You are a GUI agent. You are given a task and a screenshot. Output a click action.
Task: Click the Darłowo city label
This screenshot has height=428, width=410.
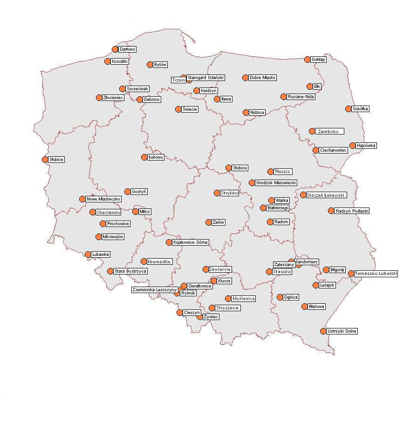[127, 49]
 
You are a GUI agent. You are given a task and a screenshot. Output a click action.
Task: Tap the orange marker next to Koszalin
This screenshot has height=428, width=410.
[108, 61]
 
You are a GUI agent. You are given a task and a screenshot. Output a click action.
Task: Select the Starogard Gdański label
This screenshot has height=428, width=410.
[206, 78]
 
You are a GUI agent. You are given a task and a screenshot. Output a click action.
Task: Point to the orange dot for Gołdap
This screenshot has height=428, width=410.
[307, 60]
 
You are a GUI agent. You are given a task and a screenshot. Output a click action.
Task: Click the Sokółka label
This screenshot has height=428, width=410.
[360, 109]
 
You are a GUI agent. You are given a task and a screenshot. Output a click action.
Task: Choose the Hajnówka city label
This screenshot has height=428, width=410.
[366, 146]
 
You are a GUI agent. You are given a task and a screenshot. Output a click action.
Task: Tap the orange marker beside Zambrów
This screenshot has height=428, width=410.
[312, 131]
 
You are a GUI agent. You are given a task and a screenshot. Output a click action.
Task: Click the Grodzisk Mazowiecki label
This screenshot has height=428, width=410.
[276, 183]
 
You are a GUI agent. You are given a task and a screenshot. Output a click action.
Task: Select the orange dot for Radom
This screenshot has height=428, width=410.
[270, 222]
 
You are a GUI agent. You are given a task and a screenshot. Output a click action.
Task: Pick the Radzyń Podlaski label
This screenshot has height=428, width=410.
[352, 211]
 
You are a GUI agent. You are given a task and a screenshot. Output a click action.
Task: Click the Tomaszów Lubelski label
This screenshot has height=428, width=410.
[376, 274]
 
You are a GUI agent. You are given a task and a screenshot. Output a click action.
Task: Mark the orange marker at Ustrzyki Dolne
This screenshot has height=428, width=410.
[323, 331]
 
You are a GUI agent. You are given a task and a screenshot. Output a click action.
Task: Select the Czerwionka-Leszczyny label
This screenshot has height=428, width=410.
[155, 290]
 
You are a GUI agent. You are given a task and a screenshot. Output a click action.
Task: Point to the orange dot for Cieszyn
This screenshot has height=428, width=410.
[180, 313]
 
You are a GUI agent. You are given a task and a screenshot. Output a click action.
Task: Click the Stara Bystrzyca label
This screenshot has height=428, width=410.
[130, 271]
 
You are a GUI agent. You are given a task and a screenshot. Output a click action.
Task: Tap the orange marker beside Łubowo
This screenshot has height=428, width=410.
[144, 157]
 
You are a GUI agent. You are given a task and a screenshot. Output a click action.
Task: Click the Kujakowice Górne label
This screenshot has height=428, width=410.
[191, 242]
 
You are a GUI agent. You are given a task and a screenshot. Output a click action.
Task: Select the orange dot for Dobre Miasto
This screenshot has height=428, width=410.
[246, 78]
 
